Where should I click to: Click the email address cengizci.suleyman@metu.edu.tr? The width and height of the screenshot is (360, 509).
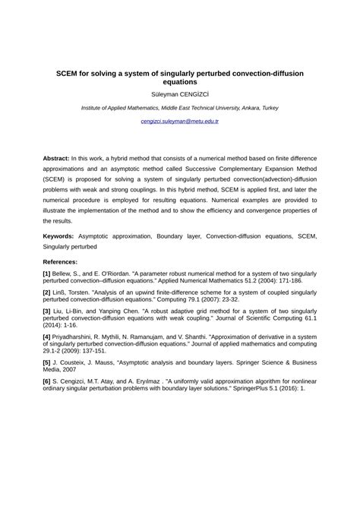tap(180, 122)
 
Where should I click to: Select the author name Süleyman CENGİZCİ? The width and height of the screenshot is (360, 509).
tap(180, 94)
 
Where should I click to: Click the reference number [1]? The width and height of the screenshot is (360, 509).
tap(47, 271)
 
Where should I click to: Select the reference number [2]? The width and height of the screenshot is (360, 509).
tap(47, 292)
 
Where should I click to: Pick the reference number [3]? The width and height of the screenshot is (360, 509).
tap(47, 311)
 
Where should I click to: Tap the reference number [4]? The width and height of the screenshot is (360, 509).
tap(47, 337)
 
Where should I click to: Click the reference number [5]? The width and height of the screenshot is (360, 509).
tap(47, 362)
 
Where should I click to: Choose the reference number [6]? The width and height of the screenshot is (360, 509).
tap(47, 382)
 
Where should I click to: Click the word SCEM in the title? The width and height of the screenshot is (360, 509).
tap(71, 73)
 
